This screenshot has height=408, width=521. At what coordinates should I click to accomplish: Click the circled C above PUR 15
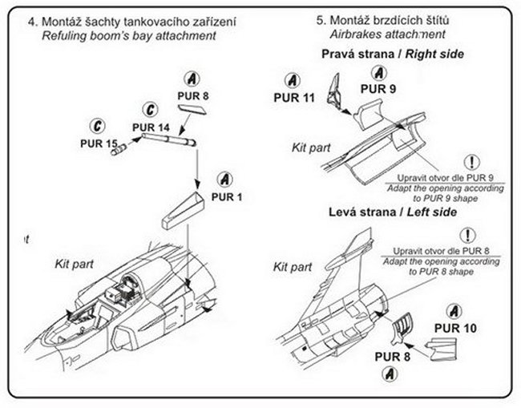point(97,127)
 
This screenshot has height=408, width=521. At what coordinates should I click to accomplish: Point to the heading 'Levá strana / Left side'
point(392,212)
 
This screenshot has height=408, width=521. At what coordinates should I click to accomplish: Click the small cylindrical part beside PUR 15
point(119,147)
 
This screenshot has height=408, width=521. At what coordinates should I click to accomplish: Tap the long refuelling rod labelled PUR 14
point(166,140)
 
